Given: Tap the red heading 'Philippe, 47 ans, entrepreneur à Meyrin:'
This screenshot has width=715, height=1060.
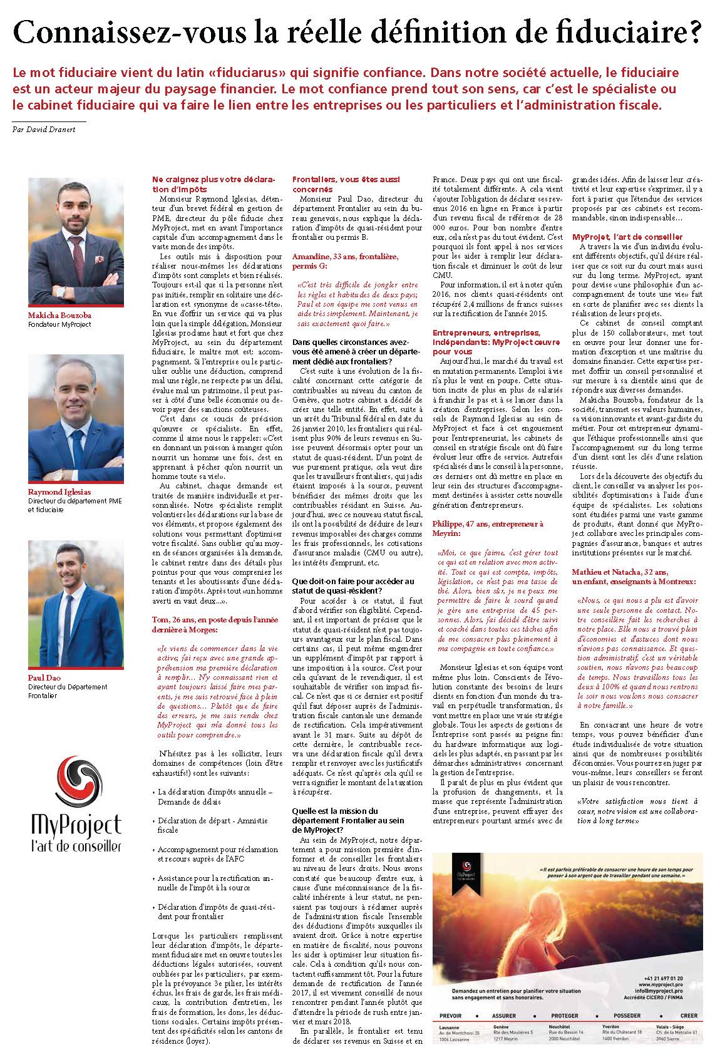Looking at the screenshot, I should (x=488, y=528).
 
